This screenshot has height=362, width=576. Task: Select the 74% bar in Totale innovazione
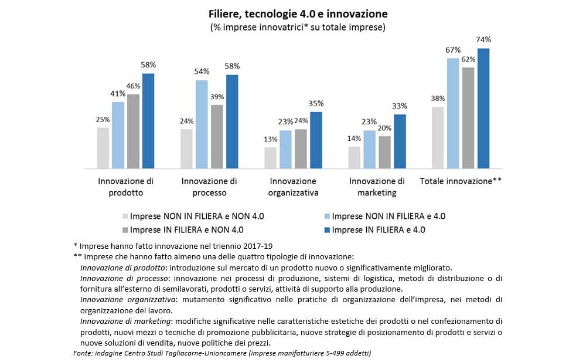[483, 109]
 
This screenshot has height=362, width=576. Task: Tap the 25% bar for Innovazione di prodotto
[103, 148]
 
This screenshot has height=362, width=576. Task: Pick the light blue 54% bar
[202, 124]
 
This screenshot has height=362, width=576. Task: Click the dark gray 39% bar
[217, 137]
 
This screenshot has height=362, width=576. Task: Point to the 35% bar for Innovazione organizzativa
[316, 140]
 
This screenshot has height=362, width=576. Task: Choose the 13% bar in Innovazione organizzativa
[270, 158]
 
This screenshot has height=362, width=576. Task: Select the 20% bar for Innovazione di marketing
[384, 153]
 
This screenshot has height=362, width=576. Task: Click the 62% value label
[468, 59]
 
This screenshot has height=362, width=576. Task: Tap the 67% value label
[453, 50]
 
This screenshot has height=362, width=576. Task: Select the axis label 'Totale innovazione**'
[461, 181]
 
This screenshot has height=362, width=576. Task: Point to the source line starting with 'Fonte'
[222, 353]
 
